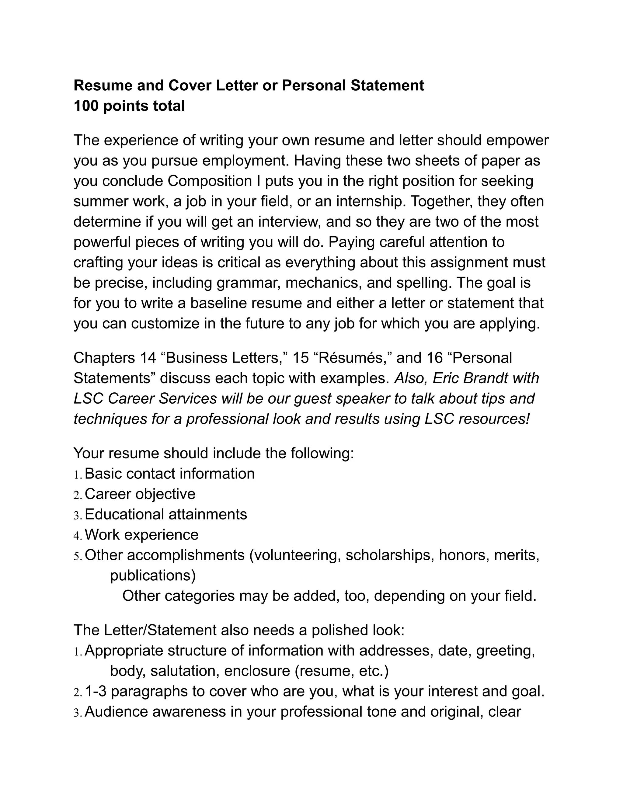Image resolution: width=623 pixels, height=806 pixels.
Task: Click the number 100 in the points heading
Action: coord(86,106)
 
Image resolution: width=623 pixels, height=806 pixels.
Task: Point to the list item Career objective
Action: coord(140,494)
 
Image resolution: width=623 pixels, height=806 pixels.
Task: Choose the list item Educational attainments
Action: coord(166,514)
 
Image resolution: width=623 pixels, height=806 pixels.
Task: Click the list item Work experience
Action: coord(141,534)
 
